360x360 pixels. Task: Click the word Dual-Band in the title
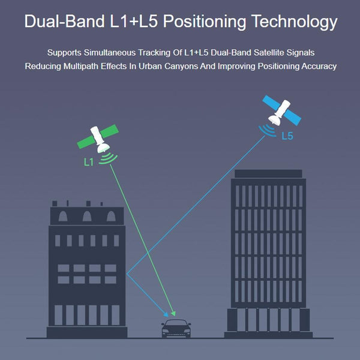pos(65,21)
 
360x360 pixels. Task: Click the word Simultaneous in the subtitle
pos(110,53)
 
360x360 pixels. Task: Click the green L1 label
pos(89,163)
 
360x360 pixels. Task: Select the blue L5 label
pos(287,136)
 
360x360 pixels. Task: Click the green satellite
pos(98,139)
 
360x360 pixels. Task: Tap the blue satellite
pos(281,110)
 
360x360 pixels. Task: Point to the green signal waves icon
pos(108,158)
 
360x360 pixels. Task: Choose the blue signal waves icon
pos(268,131)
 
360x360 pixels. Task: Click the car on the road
pos(176,328)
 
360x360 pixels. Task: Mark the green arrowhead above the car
pos(173,314)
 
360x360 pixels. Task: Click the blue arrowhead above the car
pos(166,314)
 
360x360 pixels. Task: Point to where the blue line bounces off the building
pos(127,274)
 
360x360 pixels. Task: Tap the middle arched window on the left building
pos(87,216)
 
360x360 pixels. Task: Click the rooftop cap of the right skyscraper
pos(268,174)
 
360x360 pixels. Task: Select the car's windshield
pos(176,323)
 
